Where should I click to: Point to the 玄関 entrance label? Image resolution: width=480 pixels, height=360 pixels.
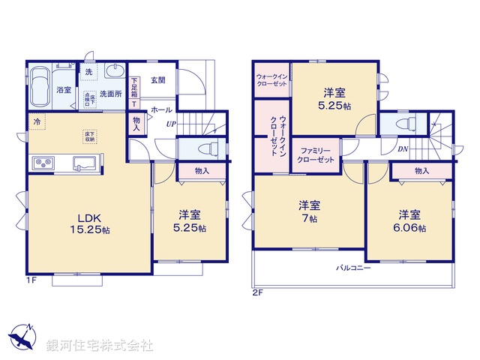point(157,80)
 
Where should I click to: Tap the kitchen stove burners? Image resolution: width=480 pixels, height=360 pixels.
point(42,163)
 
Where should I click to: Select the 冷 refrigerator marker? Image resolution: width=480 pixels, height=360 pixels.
point(36,120)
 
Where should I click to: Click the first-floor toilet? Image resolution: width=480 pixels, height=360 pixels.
point(207,147)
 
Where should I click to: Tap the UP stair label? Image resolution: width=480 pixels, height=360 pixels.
point(171,124)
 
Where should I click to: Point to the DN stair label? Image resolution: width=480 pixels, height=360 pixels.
point(403,148)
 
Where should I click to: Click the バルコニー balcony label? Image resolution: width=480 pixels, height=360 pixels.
point(352,268)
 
